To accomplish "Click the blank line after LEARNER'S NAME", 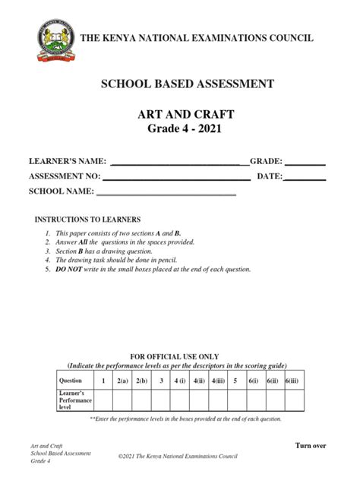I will click(179, 163).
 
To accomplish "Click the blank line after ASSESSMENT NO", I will click(176, 178).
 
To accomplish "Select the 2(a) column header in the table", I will click(122, 380).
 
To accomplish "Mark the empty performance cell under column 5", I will click(236, 400).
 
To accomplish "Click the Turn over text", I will click(310, 445).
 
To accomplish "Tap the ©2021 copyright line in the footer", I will click(179, 456).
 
